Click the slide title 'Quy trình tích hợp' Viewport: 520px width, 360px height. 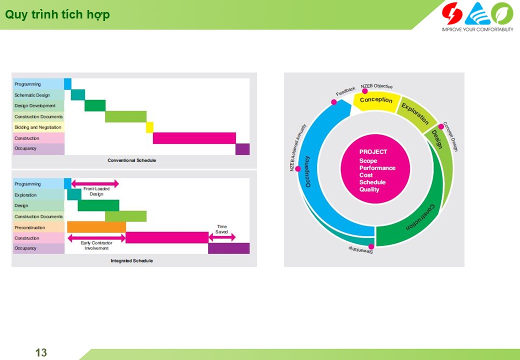[x=57, y=14]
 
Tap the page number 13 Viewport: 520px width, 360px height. [x=41, y=352]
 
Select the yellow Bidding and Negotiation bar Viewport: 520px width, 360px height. [x=149, y=127]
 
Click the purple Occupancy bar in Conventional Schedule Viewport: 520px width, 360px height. [x=242, y=149]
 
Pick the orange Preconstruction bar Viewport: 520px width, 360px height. [x=96, y=227]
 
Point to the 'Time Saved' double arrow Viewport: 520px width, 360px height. [x=222, y=237]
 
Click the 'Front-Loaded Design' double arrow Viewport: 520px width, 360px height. [x=95, y=183]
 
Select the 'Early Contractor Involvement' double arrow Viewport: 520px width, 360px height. [x=96, y=237]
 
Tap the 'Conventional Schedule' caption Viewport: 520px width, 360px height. [x=131, y=160]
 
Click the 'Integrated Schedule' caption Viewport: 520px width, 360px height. [x=131, y=261]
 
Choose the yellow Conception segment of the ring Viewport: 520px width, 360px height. [x=376, y=101]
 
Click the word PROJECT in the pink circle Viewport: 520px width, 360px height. [x=373, y=152]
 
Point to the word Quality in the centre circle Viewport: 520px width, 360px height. [x=369, y=189]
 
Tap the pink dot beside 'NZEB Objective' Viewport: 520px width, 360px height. [x=365, y=91]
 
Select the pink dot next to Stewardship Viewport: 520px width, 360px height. [x=371, y=246]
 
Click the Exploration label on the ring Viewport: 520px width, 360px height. [x=415, y=113]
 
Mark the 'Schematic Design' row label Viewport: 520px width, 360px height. [x=32, y=95]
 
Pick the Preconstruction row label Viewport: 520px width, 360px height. [x=29, y=227]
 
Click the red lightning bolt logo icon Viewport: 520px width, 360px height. [x=452, y=13]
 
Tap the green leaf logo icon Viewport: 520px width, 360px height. [x=502, y=13]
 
